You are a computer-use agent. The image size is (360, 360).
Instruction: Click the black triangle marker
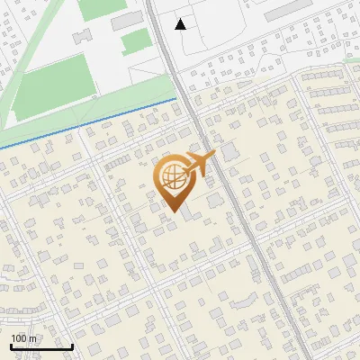[x=181, y=23]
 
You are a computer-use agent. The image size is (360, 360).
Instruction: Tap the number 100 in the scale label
[x=19, y=338]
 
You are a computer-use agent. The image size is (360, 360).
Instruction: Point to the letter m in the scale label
[x=32, y=338]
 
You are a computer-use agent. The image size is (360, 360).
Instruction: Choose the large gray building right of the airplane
[x=230, y=152]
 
